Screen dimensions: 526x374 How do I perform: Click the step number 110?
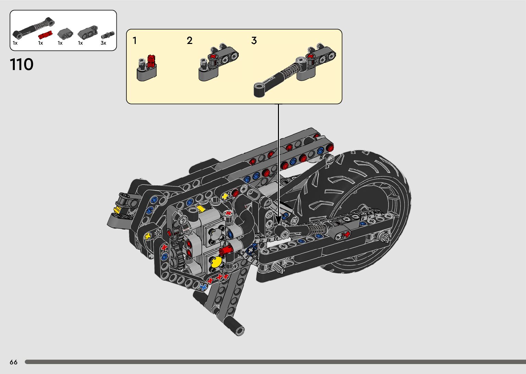22,64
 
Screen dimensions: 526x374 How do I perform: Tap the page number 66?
14,362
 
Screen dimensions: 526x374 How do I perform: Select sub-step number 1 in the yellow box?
135,41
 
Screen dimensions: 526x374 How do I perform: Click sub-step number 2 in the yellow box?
190,41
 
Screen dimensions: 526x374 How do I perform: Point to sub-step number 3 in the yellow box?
254,41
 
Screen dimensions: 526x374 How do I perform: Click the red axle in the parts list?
45,35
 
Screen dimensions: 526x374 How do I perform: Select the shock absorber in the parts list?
34,27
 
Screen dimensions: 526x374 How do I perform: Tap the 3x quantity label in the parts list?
103,43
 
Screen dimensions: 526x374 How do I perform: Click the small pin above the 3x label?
108,35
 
